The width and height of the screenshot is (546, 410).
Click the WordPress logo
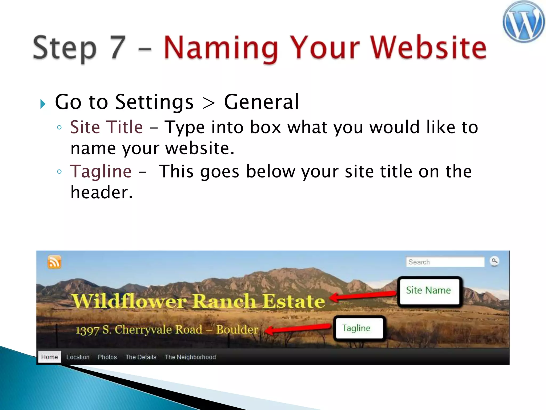[x=523, y=22]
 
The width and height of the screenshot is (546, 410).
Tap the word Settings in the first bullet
[x=154, y=102]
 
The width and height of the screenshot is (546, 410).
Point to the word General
[x=261, y=102]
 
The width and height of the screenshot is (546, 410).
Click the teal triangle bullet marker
[x=43, y=104]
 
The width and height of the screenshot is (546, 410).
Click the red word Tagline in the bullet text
[x=101, y=171]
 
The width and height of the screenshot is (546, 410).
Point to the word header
[x=101, y=192]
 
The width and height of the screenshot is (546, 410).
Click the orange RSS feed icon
[x=54, y=262]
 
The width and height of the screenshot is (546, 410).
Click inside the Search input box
[x=445, y=262]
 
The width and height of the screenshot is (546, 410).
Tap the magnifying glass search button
[x=494, y=261]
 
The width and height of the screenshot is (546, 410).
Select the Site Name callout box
[x=429, y=291]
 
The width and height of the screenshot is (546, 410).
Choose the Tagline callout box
[x=359, y=328]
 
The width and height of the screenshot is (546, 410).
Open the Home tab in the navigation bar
[x=50, y=357]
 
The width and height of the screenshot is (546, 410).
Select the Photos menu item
[x=107, y=357]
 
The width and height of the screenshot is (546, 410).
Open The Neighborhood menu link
[x=190, y=357]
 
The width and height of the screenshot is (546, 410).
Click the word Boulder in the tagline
[x=237, y=329]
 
